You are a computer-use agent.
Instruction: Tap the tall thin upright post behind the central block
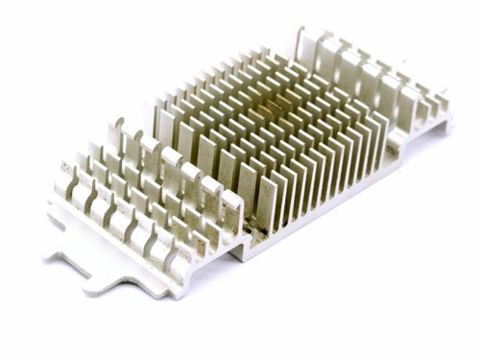pos(300,43)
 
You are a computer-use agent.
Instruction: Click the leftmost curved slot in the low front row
pos(65,182)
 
